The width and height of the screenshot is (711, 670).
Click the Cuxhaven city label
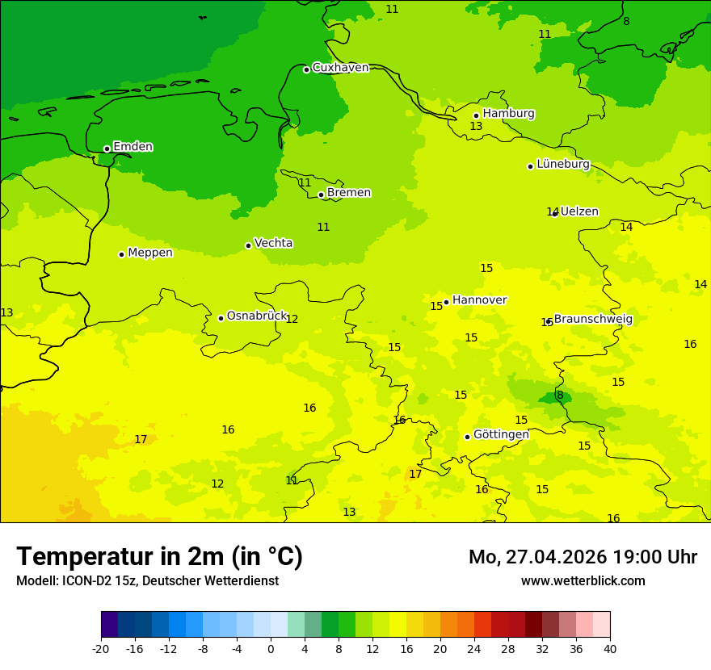pos(340,68)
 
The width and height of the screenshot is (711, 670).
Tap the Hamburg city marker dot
pos(477,115)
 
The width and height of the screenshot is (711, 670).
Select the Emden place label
pos(133,147)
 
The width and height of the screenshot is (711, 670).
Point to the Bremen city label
pos(349,193)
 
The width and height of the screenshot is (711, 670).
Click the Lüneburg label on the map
pos(563,164)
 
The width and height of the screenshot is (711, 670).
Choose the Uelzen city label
pos(579,211)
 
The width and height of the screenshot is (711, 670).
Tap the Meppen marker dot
pos(122,254)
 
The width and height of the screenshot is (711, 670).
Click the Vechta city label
pos(273,243)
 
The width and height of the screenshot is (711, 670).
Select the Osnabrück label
pos(257,316)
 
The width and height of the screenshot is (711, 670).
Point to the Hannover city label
pos(479,300)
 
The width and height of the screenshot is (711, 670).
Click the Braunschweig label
pos(593,319)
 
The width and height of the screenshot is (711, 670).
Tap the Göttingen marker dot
pos(467,437)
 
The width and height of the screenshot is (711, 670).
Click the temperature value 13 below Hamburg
pos(476,127)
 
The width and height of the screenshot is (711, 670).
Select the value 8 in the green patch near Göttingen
pos(560,396)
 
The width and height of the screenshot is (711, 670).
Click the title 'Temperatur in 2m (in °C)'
pos(159,556)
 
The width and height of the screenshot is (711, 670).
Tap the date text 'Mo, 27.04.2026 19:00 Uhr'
pos(583,557)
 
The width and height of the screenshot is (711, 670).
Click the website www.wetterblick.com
pos(583,581)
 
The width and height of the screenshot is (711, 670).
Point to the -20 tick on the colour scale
pos(101,648)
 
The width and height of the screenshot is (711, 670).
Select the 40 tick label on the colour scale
pos(610,648)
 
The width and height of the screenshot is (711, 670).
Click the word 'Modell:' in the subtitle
pos(36,581)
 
